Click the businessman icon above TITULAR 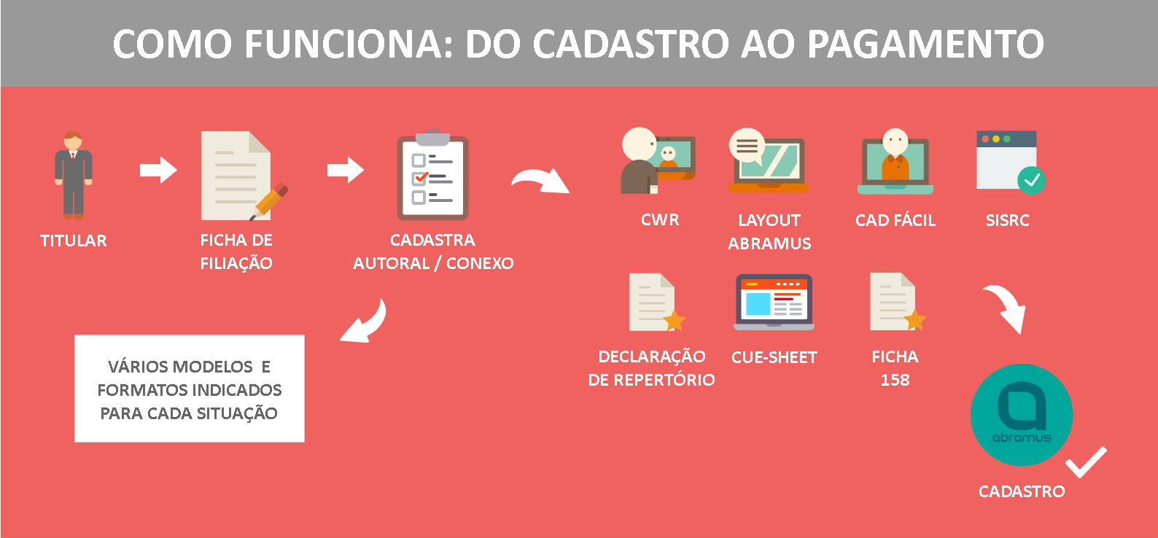[x=74, y=176]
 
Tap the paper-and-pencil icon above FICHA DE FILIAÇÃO [x=243, y=176]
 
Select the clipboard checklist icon [x=432, y=175]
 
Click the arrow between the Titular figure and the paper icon [x=158, y=170]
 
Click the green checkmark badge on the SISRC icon [x=1031, y=180]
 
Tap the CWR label [x=660, y=219]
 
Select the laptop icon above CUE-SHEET [x=774, y=302]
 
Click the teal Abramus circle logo [x=1022, y=415]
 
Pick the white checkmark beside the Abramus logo [x=1086, y=461]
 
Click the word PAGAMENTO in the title [x=925, y=44]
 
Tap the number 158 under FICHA [x=895, y=380]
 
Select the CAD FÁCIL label [x=895, y=220]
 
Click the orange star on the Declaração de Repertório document [x=674, y=320]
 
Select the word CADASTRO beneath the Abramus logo [x=1022, y=491]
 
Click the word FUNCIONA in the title [x=349, y=44]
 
